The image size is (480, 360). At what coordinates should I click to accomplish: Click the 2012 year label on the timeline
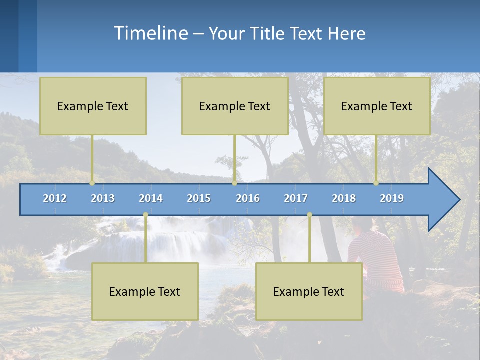tap(55, 198)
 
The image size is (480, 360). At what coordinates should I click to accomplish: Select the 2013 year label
tap(103, 198)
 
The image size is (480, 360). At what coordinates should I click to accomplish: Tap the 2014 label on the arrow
tap(151, 198)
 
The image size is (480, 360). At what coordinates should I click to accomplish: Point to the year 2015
tap(199, 198)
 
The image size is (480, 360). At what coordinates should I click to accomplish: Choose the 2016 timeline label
tap(248, 198)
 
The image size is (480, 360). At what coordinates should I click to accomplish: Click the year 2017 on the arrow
tap(296, 198)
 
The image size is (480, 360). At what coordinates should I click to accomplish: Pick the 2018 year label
tap(344, 198)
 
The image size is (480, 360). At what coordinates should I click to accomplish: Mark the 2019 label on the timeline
tap(392, 198)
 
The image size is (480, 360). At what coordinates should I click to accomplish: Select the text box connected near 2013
tap(93, 106)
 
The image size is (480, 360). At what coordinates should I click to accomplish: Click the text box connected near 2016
tap(235, 106)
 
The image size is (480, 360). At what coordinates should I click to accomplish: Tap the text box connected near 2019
tap(377, 106)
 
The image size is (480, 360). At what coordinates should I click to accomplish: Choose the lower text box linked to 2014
tap(145, 291)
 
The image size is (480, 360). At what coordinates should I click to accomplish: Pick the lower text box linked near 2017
tap(309, 291)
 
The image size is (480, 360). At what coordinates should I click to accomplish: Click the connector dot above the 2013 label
tap(92, 183)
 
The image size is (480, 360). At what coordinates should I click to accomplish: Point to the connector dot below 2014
tap(145, 215)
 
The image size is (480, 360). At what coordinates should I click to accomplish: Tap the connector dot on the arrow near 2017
tap(309, 215)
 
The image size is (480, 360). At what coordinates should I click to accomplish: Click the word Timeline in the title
tap(150, 33)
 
